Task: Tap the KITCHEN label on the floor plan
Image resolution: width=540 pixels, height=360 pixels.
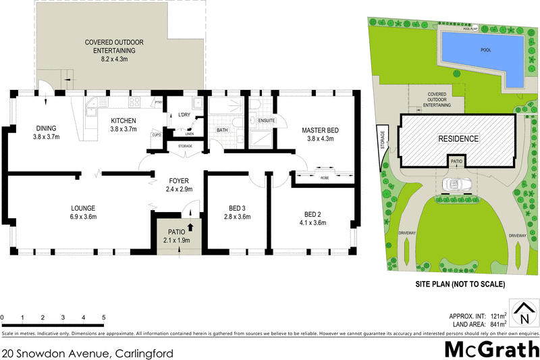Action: [124, 121]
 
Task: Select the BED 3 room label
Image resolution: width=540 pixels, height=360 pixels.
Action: [237, 209]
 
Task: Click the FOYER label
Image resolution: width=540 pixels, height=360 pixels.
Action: [179, 181]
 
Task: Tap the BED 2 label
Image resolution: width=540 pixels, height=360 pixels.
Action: [313, 213]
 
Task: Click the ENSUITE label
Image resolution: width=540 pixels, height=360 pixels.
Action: [263, 120]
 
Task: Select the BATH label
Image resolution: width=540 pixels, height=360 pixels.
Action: [222, 130]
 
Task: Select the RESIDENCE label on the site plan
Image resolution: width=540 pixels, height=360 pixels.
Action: [458, 139]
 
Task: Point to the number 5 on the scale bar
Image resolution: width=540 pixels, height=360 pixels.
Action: [103, 317]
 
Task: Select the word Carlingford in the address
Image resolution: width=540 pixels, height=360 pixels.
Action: [142, 353]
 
